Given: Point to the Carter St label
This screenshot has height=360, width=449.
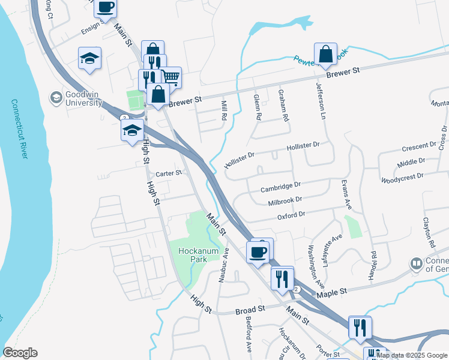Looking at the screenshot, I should tap(169, 173).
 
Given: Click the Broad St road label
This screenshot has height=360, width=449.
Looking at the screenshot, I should tap(250, 309).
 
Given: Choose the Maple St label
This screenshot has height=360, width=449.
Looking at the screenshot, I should tap(332, 292).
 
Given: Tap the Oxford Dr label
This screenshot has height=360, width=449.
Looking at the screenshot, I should tap(291, 214).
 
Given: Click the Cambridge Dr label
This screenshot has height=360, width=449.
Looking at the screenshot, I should tap(280, 188).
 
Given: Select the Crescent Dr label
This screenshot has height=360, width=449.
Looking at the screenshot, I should tap(419, 146).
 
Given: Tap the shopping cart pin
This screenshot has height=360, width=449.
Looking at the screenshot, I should tap(170, 77).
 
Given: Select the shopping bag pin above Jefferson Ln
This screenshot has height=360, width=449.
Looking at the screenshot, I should tap(325, 54).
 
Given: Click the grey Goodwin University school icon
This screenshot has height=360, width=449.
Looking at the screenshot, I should tap(56, 97).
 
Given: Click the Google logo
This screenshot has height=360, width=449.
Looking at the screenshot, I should tap(20, 353).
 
